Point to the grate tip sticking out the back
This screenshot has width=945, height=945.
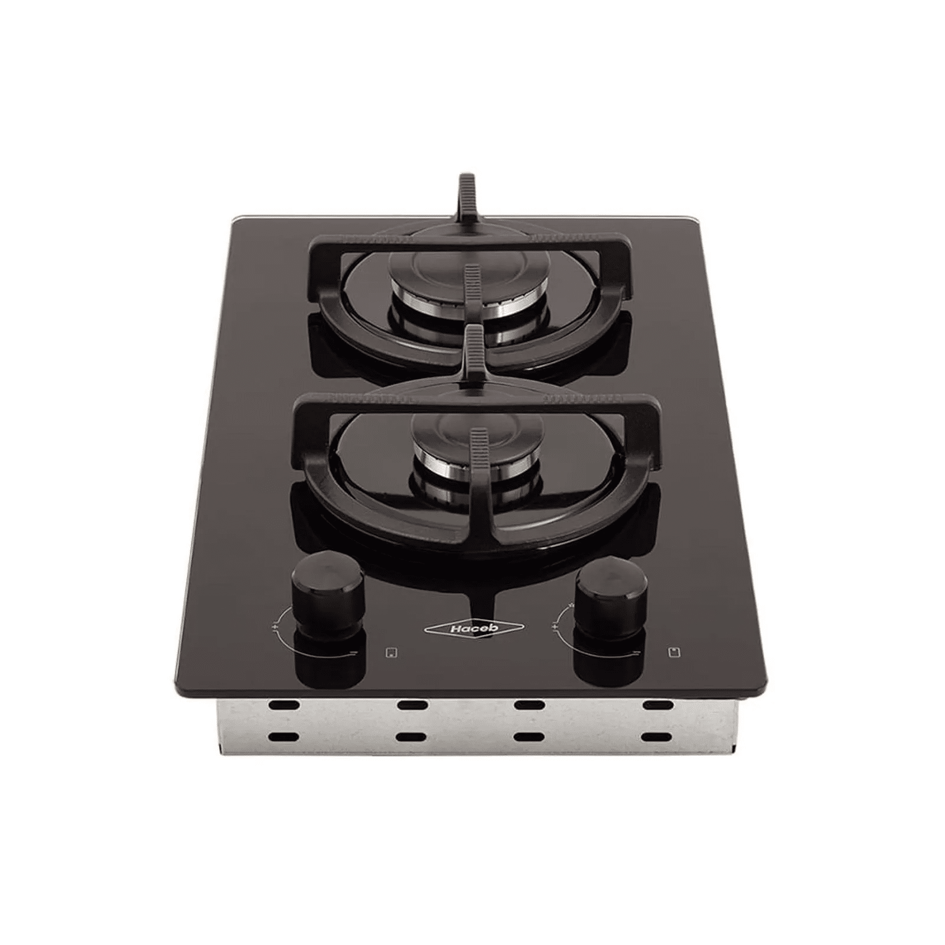pos(467,195)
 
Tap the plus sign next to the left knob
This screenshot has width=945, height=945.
pos(276,624)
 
